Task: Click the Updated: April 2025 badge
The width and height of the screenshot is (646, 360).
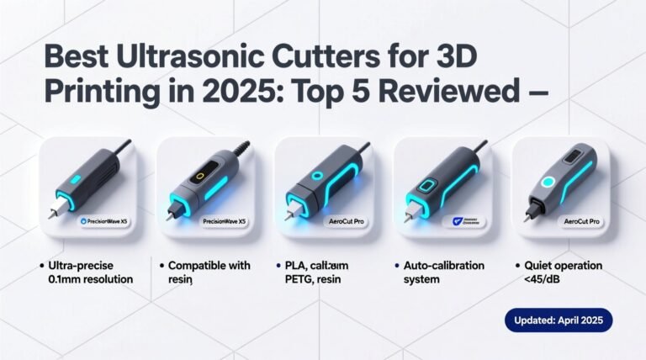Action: click(x=559, y=320)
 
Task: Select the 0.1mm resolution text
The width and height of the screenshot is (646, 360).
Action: click(x=88, y=280)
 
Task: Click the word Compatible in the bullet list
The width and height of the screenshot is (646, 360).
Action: click(x=202, y=266)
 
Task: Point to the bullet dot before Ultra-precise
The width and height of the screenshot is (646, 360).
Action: click(x=42, y=266)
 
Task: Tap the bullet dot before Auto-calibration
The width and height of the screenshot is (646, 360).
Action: click(x=395, y=266)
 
